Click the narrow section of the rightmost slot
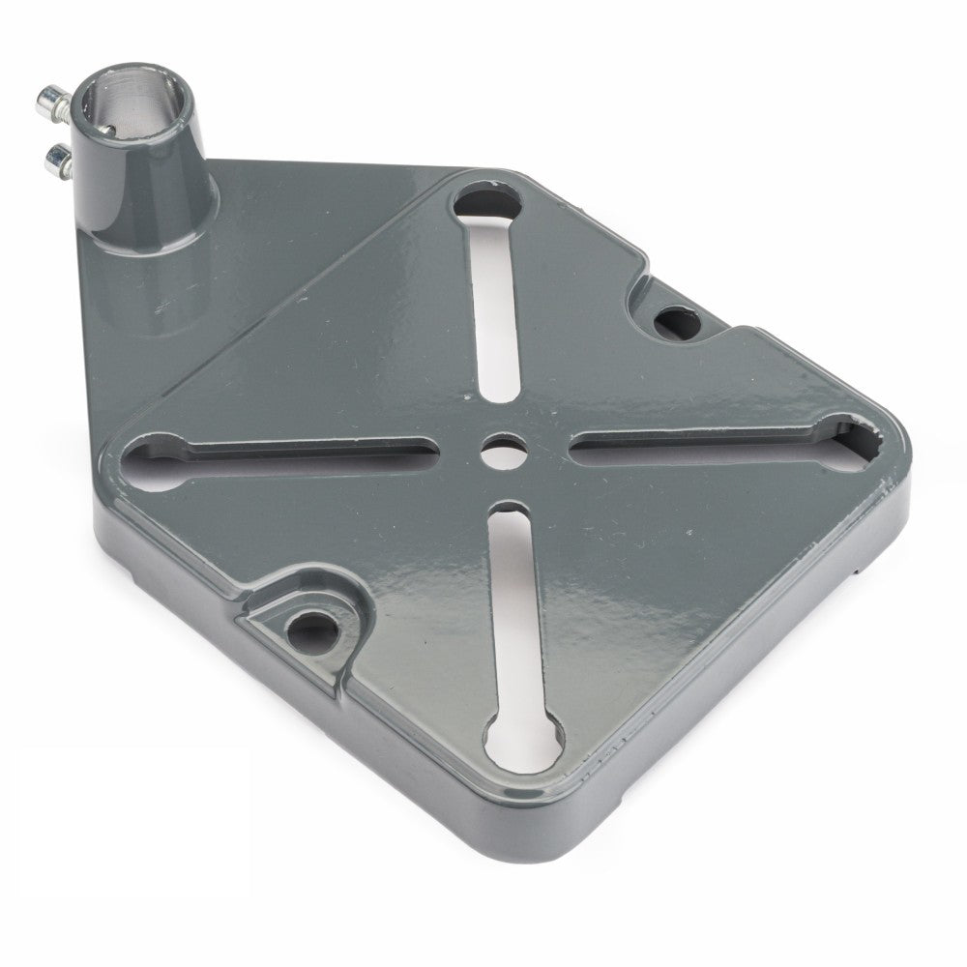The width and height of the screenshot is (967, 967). pyautogui.click(x=696, y=442)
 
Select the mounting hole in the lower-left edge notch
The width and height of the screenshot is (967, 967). pyautogui.click(x=312, y=624)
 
